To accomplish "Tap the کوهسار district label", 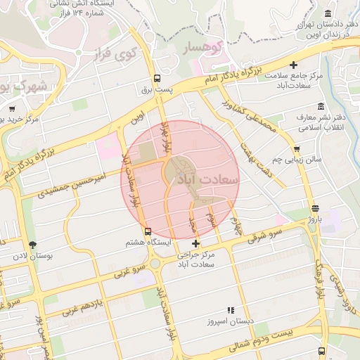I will pyautogui.click(x=202, y=49).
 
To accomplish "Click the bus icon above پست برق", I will pyautogui.click(x=157, y=79).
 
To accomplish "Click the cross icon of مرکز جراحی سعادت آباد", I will pyautogui.click(x=195, y=243).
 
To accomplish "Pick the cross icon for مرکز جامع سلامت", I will pyautogui.click(x=303, y=65).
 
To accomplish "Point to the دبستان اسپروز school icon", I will pyautogui.click(x=229, y=310).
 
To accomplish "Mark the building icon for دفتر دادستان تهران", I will pyautogui.click(x=328, y=14).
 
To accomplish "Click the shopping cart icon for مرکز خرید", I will pyautogui.click(x=12, y=109).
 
